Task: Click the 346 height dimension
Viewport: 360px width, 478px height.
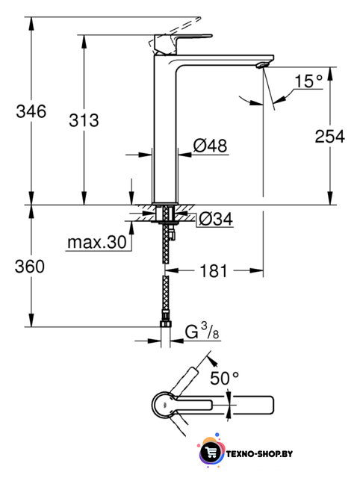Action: point(31,111)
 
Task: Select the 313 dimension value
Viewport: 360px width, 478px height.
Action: point(84,120)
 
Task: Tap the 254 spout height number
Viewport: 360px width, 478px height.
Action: point(330,136)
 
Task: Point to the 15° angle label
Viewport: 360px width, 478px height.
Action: point(308,81)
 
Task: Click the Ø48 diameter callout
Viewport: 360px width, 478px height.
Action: point(211,146)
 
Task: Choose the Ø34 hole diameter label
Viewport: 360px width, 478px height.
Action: point(216,219)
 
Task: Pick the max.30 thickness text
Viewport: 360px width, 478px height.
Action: point(97,242)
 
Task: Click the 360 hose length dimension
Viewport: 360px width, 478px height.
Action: point(30,267)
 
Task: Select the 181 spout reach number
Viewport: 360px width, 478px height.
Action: point(214,270)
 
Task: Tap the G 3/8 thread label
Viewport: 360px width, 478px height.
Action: point(202,332)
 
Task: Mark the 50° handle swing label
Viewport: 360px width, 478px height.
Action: point(224,379)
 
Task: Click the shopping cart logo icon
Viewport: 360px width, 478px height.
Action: point(210,453)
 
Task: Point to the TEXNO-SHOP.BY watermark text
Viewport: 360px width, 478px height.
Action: point(259,454)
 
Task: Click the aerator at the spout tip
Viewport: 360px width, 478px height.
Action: point(263,65)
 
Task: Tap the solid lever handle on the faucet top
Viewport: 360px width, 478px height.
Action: point(183,45)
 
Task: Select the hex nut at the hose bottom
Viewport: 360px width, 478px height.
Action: point(166,323)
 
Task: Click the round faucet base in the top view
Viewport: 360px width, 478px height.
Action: point(164,405)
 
